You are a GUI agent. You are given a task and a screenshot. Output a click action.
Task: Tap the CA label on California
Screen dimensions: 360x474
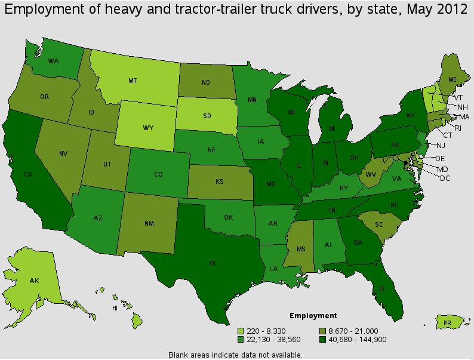[x=27, y=174]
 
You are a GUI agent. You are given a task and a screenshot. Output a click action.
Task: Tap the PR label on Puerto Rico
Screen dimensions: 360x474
[x=447, y=323]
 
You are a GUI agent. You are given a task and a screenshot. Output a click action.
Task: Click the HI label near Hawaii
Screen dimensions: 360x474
[x=115, y=308]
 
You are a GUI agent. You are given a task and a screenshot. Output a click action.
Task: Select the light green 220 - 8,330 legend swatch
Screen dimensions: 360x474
[x=241, y=331]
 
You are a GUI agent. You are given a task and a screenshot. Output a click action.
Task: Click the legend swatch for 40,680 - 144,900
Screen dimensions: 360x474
[x=323, y=339]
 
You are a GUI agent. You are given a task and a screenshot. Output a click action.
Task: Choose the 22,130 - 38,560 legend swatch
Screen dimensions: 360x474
[x=241, y=339]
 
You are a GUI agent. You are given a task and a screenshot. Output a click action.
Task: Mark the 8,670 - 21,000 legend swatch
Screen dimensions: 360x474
[x=323, y=331]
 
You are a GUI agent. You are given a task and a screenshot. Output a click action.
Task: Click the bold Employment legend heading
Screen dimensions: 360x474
[x=313, y=316]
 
